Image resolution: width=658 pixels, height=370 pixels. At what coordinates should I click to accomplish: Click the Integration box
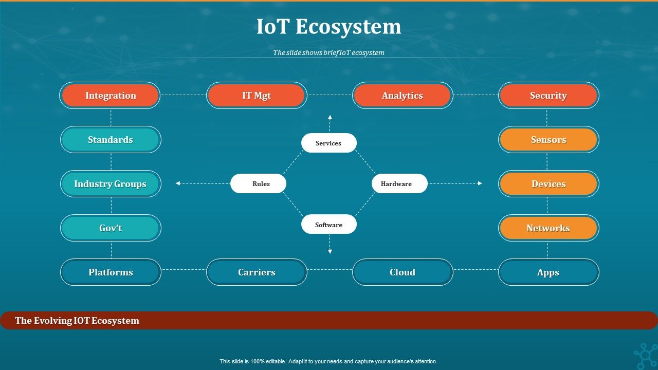[x=110, y=96]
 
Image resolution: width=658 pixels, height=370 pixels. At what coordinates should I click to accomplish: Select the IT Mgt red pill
[x=257, y=96]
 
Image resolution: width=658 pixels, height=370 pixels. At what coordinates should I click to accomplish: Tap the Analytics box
[x=403, y=96]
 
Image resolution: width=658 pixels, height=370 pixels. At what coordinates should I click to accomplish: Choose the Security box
[x=549, y=96]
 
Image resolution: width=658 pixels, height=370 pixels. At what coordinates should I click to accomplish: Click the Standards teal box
[x=111, y=140]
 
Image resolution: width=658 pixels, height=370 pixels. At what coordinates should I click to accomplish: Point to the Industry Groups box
[x=111, y=184]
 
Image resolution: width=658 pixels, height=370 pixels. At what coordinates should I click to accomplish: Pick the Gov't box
[x=111, y=228]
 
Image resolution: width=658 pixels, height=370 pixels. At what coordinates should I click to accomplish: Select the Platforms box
[x=111, y=272]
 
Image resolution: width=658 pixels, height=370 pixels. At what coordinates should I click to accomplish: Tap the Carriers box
[x=257, y=272]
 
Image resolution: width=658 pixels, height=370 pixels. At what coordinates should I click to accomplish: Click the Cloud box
[x=403, y=272]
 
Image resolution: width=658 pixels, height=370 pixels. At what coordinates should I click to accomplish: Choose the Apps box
[x=549, y=272]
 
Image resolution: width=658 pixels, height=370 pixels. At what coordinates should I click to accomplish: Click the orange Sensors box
[x=549, y=140]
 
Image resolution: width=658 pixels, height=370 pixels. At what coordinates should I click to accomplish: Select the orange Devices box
[x=549, y=184]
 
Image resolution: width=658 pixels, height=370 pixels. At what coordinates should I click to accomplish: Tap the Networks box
[x=549, y=228]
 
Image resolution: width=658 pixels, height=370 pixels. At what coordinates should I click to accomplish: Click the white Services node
[x=329, y=143]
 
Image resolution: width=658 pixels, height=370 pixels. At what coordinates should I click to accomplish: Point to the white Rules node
[x=258, y=183]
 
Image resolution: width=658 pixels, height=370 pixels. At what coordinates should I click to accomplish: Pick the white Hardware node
[x=399, y=183]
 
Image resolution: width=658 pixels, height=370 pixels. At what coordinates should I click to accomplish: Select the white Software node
[x=329, y=225]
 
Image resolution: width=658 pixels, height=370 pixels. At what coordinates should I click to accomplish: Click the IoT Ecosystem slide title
[x=329, y=27]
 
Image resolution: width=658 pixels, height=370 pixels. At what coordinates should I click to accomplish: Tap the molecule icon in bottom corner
[x=645, y=356]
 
